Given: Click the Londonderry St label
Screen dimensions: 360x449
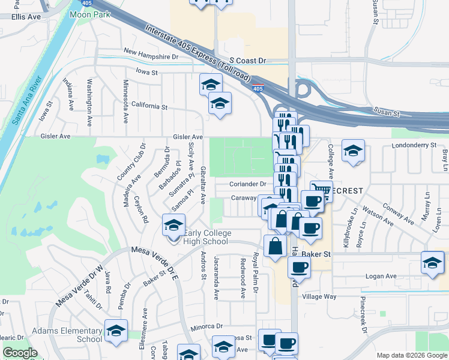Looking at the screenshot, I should coord(414,145).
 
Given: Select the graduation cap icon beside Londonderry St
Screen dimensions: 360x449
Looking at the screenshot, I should coord(353,151).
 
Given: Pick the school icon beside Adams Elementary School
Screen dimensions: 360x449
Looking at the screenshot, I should coord(116,330).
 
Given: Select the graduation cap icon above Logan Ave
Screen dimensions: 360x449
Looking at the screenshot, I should coord(432,263).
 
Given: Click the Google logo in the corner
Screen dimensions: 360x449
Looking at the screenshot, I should coord(20,353).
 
